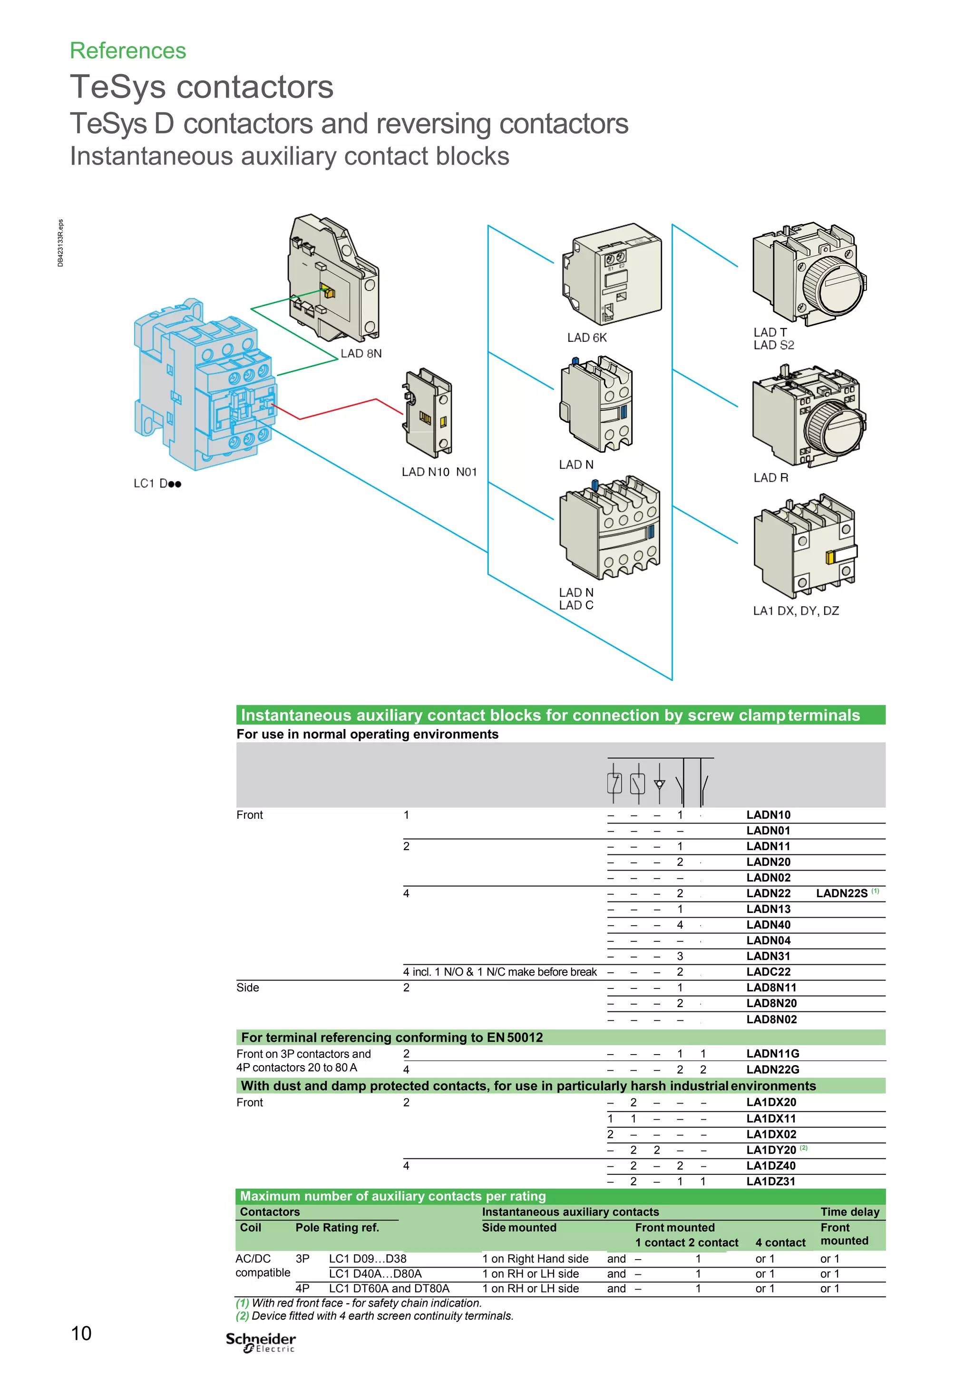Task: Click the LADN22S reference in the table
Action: (x=841, y=893)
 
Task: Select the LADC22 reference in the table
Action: (x=768, y=971)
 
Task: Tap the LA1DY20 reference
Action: (x=770, y=1150)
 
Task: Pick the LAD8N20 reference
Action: (x=771, y=1003)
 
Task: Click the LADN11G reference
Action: (x=772, y=1053)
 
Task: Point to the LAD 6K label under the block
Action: (x=586, y=338)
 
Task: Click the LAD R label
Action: (x=770, y=477)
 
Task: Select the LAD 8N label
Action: (x=361, y=353)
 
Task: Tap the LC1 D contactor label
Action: (x=157, y=484)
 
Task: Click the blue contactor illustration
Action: (x=204, y=384)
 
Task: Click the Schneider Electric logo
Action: (x=261, y=1342)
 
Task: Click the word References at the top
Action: (x=128, y=51)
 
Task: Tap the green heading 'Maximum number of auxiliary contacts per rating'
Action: (x=393, y=1196)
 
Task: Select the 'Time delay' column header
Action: (x=850, y=1212)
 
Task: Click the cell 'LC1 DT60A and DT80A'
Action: (x=389, y=1288)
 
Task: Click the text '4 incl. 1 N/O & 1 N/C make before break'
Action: (x=499, y=971)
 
